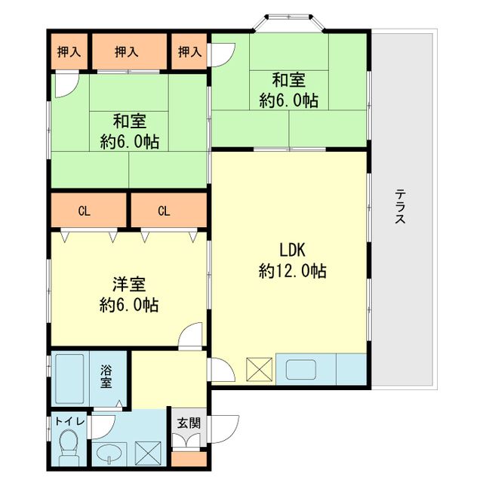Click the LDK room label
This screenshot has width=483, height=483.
point(292,250)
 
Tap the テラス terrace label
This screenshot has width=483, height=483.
point(401,206)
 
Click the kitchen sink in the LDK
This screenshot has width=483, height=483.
point(301,369)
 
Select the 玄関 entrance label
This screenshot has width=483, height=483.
point(189,423)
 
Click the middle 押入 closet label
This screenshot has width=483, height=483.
point(126,51)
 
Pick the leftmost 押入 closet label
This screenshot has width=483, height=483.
point(69,51)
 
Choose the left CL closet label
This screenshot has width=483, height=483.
point(84,211)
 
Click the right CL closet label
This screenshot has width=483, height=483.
point(164,211)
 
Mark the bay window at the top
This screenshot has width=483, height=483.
point(289,22)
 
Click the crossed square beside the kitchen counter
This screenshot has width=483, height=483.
point(259,369)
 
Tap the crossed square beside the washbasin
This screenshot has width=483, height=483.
point(148,454)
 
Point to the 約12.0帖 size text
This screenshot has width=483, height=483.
point(292,271)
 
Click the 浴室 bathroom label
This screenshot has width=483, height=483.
point(106,377)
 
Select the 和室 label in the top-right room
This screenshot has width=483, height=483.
point(288,80)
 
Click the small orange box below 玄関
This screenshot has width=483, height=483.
point(189,460)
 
